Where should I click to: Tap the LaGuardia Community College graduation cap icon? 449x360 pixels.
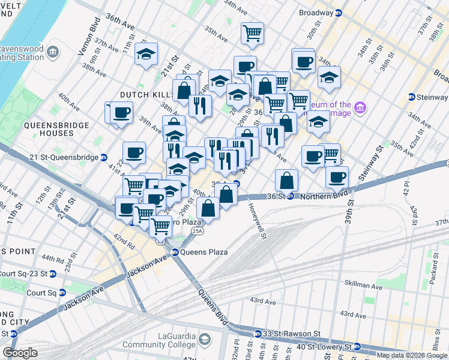pyautogui.click(x=205, y=340)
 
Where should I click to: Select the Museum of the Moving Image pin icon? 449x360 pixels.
pyautogui.click(x=360, y=108)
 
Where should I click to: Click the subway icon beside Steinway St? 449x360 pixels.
pyautogui.click(x=412, y=97)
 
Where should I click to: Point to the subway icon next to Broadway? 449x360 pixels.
pyautogui.click(x=339, y=12)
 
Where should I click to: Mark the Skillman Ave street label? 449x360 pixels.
pyautogui.click(x=363, y=287)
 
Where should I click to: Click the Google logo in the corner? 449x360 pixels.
pyautogui.click(x=20, y=352)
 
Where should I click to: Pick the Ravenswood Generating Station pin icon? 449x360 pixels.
pyautogui.click(x=53, y=52)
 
